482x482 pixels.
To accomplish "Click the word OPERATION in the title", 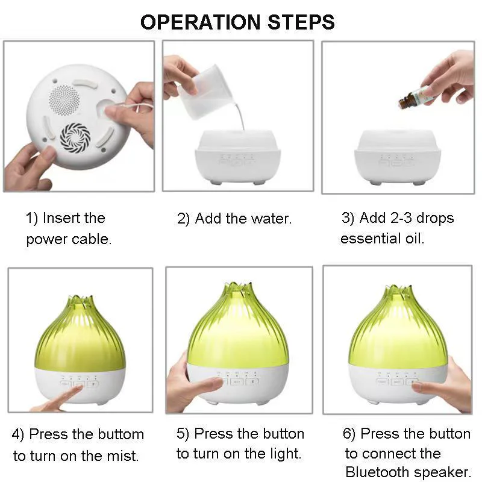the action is coord(201,22).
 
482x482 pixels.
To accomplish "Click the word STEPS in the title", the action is coord(301,22).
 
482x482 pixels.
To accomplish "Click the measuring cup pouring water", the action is coord(203,92).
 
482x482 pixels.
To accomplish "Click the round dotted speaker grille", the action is coord(64,100).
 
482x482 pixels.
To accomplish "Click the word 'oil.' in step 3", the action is coord(415,239).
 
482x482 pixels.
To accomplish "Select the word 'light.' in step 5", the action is coord(286,454).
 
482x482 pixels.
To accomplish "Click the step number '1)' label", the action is coord(32,218).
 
